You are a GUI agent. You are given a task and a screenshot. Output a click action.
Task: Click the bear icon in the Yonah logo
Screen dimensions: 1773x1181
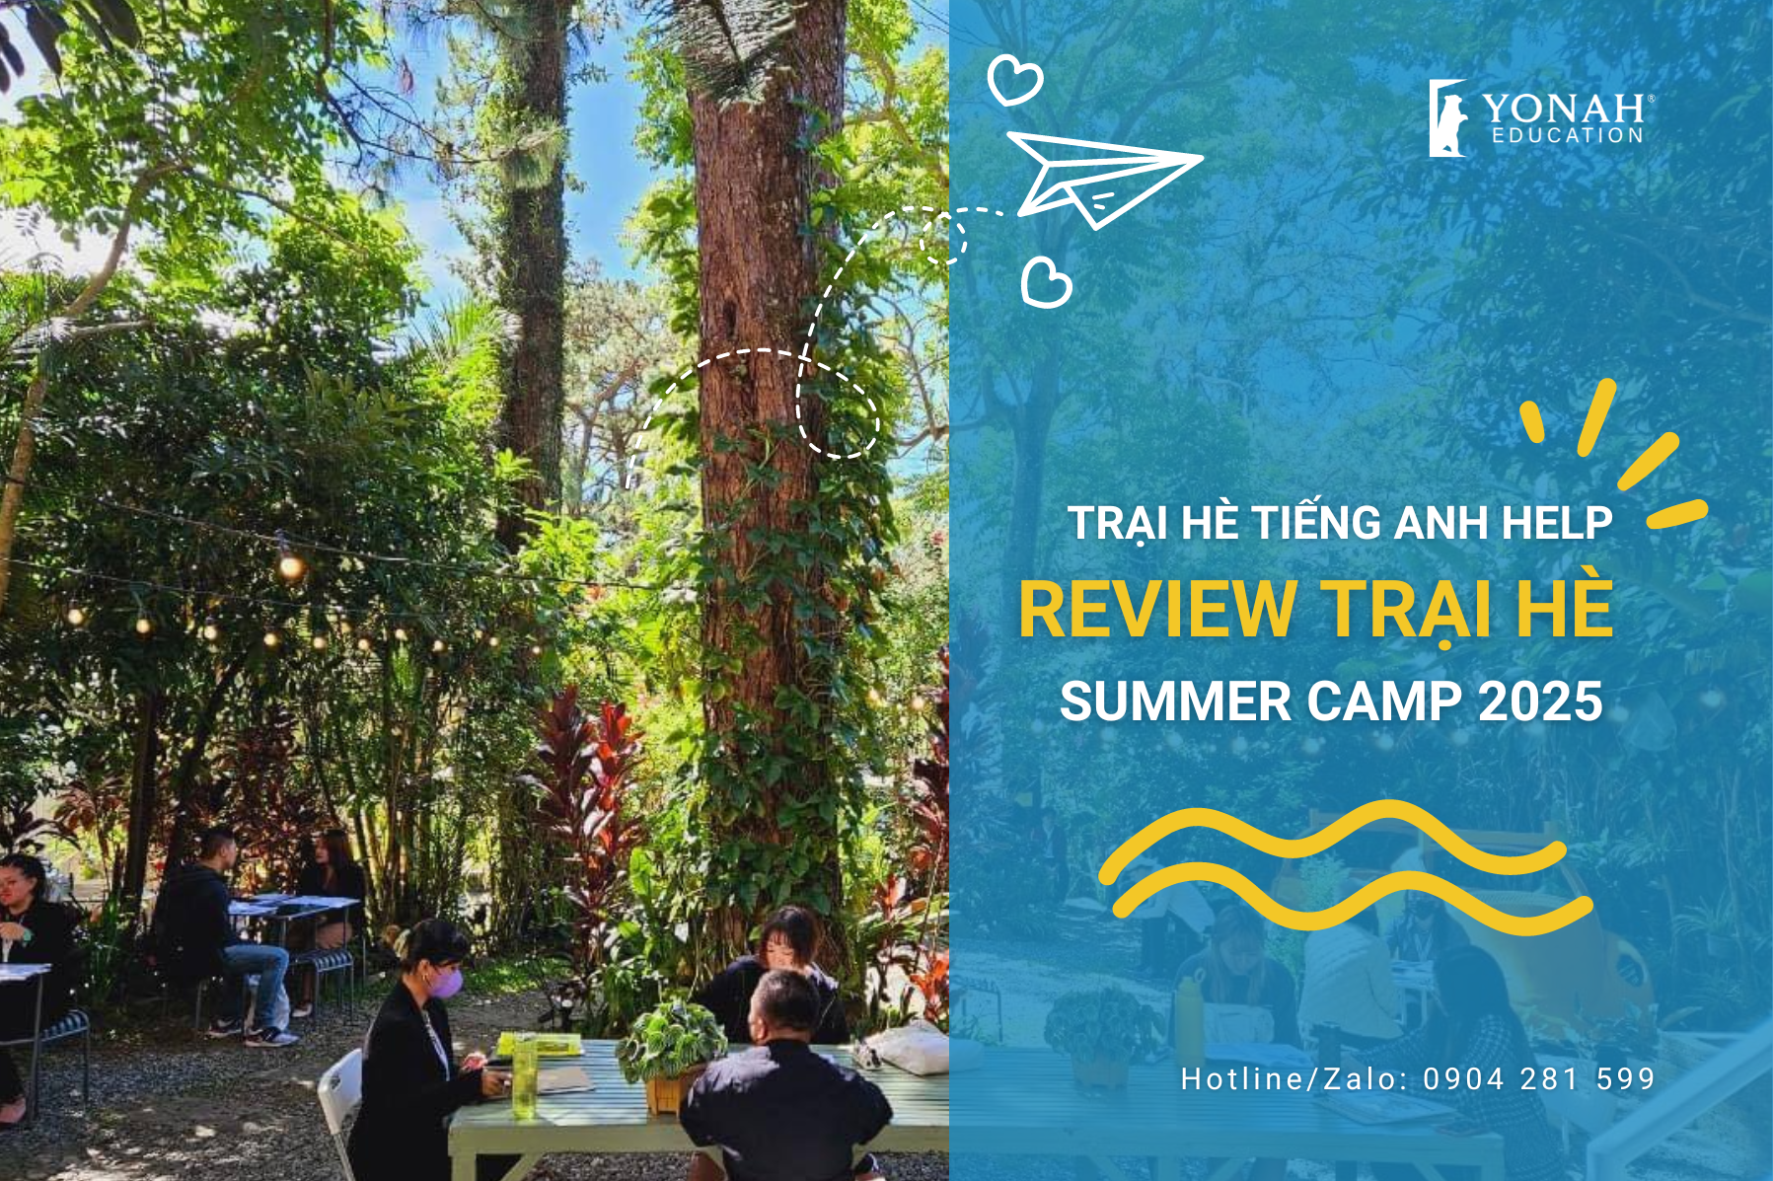point(1447,118)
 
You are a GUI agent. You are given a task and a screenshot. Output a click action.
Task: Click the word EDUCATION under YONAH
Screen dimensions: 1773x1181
point(1568,135)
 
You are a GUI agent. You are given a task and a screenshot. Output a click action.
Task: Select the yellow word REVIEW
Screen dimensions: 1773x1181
point(1157,610)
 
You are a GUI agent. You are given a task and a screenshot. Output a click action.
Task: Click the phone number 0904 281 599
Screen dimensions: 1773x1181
point(1539,1078)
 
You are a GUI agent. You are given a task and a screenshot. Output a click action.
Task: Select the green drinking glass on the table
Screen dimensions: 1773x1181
point(524,1075)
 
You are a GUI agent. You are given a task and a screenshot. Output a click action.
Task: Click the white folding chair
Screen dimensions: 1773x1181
point(339,1105)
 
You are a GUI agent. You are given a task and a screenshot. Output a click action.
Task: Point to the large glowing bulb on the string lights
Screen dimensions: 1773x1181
point(290,566)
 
